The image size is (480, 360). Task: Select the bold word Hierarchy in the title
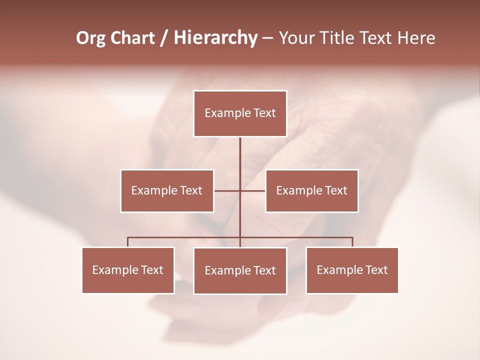click(x=215, y=38)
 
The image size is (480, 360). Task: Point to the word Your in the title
click(x=295, y=38)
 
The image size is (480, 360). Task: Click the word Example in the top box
click(x=223, y=113)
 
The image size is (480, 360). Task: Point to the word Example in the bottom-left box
click(x=111, y=270)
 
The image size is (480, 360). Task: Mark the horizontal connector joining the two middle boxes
click(x=227, y=190)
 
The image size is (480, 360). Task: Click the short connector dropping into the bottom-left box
click(x=128, y=242)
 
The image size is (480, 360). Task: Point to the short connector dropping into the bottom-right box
click(x=352, y=242)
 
